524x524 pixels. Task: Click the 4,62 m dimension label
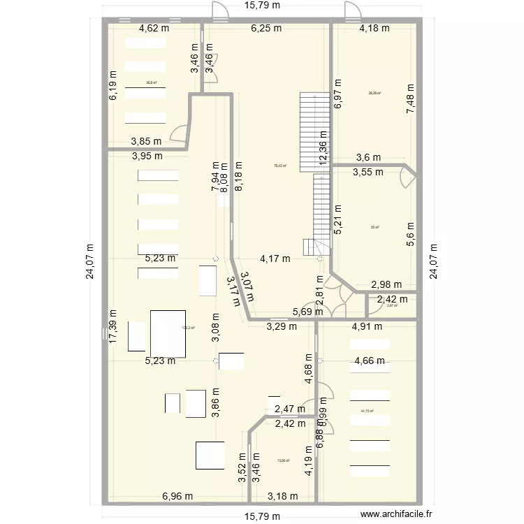coord(154,29)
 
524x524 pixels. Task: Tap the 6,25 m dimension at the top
coord(266,29)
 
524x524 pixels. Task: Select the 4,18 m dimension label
coord(374,29)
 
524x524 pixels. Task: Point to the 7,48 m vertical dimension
coord(411,94)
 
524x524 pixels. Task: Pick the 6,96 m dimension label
coord(177,497)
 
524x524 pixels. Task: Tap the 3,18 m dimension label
coord(283,497)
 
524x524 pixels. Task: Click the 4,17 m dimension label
coord(275,259)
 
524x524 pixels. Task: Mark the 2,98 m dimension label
coord(386,284)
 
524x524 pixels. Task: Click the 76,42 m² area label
coord(280,166)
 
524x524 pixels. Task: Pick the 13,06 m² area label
coord(283,460)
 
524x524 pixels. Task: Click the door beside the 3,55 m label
coord(407,178)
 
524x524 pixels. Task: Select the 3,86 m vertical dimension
coord(216,402)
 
